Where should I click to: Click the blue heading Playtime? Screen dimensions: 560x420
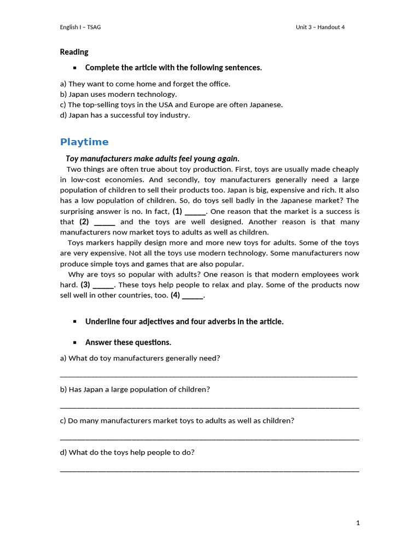pyautogui.click(x=84, y=142)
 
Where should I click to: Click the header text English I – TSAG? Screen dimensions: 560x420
pyautogui.click(x=80, y=27)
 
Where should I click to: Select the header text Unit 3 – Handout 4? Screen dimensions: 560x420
pyautogui.click(x=320, y=27)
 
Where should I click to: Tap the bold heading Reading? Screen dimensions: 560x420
pyautogui.click(x=74, y=52)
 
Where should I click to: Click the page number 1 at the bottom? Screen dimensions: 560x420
pyautogui.click(x=358, y=523)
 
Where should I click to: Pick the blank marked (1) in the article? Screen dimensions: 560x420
pyautogui.click(x=195, y=212)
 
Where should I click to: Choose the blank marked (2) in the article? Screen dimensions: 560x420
pyautogui.click(x=104, y=223)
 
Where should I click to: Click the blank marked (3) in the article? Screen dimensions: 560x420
pyautogui.click(x=103, y=285)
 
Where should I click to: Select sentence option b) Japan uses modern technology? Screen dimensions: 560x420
pyautogui.click(x=118, y=94)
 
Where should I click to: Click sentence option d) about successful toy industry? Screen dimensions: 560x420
pyautogui.click(x=125, y=115)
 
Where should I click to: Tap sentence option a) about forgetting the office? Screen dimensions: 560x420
pyautogui.click(x=145, y=84)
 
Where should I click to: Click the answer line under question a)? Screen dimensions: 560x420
pyautogui.click(x=208, y=376)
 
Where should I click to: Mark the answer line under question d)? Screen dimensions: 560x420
pyautogui.click(x=209, y=470)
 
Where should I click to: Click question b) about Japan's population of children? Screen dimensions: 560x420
pyautogui.click(x=135, y=389)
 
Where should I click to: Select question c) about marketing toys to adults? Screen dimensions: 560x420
pyautogui.click(x=177, y=421)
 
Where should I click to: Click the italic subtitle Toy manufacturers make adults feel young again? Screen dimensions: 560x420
pyautogui.click(x=153, y=159)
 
